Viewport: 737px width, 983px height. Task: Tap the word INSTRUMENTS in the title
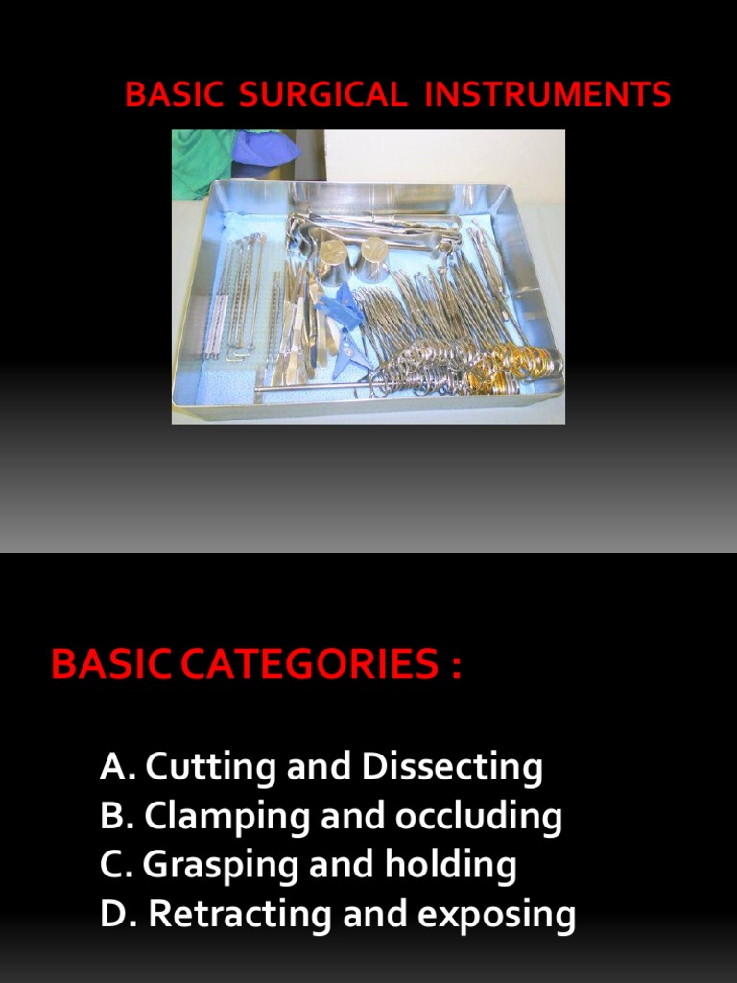coord(547,95)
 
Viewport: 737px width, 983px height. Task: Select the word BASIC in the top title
coord(174,95)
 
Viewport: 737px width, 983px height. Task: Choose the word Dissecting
coord(451,767)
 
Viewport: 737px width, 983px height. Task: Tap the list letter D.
coord(112,915)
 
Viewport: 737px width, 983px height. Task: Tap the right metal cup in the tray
coord(373,260)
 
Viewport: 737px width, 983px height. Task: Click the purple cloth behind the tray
coord(265,148)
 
